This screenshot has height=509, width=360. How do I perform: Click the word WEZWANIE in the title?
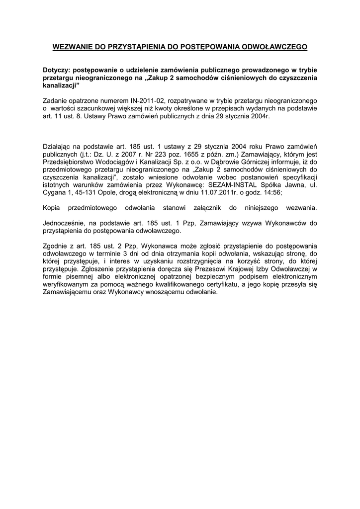pyautogui.click(x=73, y=47)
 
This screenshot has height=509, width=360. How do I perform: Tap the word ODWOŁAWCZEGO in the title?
pyautogui.click(x=274, y=47)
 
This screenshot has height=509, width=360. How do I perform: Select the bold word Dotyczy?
pyautogui.click(x=58, y=71)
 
